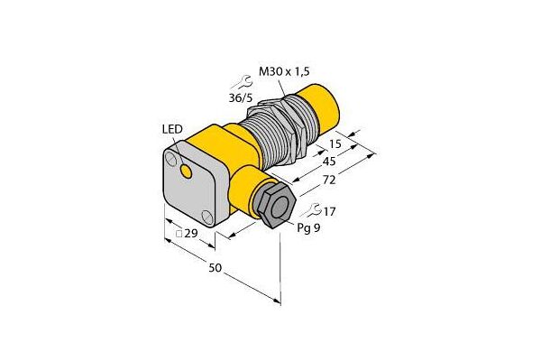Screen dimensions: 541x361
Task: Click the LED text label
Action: [x=172, y=130]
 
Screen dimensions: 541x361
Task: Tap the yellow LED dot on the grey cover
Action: [x=187, y=171]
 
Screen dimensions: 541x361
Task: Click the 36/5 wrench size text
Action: [x=241, y=98]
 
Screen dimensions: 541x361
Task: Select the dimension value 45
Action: [x=328, y=162]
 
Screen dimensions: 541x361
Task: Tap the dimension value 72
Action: [x=328, y=180]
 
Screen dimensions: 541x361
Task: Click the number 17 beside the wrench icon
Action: [x=329, y=211]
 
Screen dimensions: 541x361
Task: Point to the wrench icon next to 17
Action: [x=311, y=210]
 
